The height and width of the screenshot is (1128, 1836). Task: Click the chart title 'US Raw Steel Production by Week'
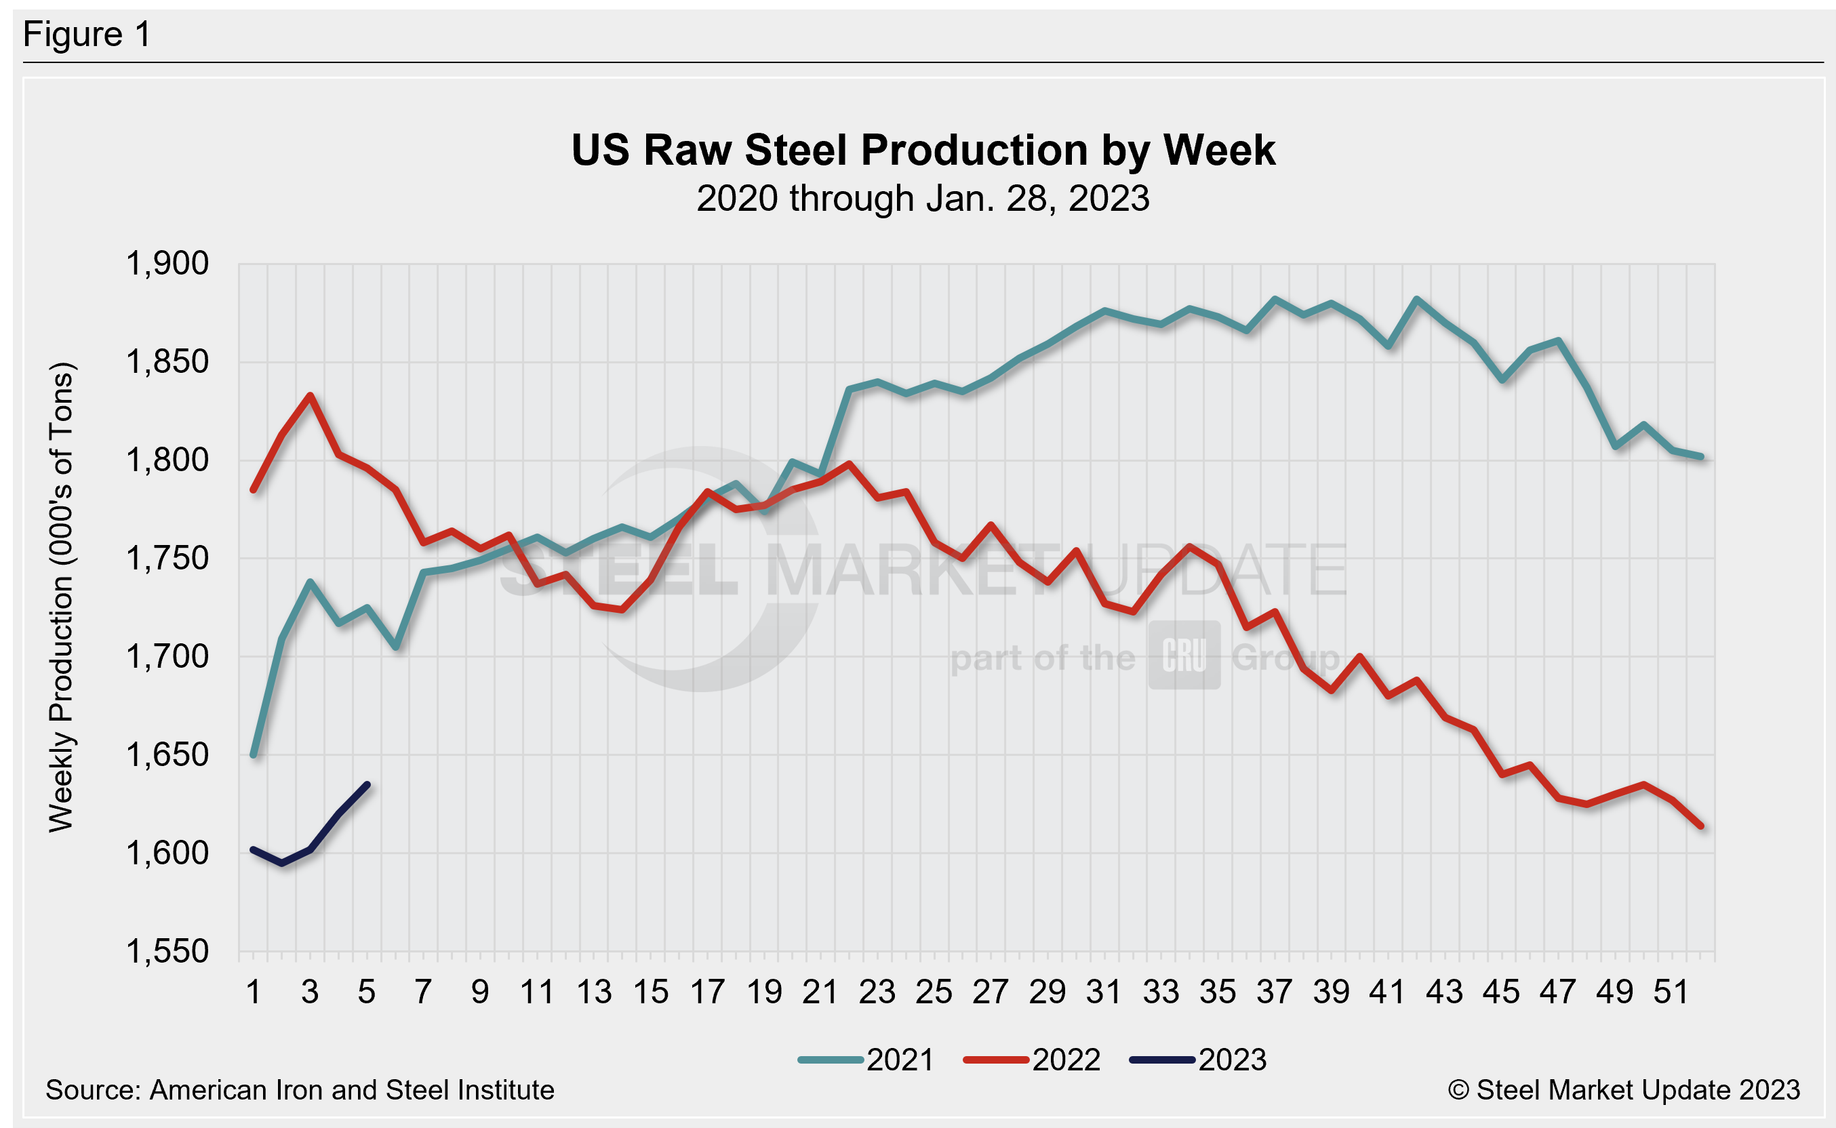click(923, 150)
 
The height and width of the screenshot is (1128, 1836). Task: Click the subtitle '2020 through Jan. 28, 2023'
click(923, 199)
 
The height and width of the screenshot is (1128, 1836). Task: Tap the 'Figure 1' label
click(87, 35)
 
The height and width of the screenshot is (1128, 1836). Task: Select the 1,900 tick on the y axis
click(167, 264)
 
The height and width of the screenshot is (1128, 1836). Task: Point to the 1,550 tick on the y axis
click(167, 952)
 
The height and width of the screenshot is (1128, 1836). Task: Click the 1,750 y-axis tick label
click(167, 559)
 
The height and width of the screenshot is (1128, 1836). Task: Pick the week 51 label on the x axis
click(1672, 992)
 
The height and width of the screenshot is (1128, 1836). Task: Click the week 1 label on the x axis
click(254, 992)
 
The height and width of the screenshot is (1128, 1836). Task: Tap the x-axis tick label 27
click(991, 992)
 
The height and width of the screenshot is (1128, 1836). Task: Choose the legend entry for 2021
click(865, 1060)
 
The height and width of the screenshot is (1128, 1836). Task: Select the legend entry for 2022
click(1032, 1060)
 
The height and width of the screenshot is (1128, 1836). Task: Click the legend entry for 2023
click(1198, 1060)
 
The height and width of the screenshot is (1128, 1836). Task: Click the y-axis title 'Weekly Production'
click(61, 597)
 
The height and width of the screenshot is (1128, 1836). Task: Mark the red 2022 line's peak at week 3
click(311, 395)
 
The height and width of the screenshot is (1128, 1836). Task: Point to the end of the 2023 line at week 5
click(367, 784)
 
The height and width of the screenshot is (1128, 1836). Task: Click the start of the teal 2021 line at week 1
click(254, 755)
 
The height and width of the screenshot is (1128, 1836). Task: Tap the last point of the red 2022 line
click(1701, 826)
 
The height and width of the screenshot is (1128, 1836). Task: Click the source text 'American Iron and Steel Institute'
click(351, 1090)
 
